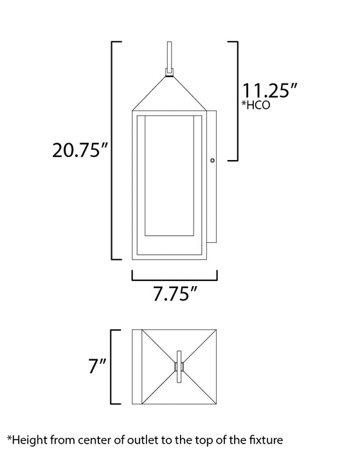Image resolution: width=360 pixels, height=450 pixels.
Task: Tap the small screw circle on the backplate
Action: tap(212, 161)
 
